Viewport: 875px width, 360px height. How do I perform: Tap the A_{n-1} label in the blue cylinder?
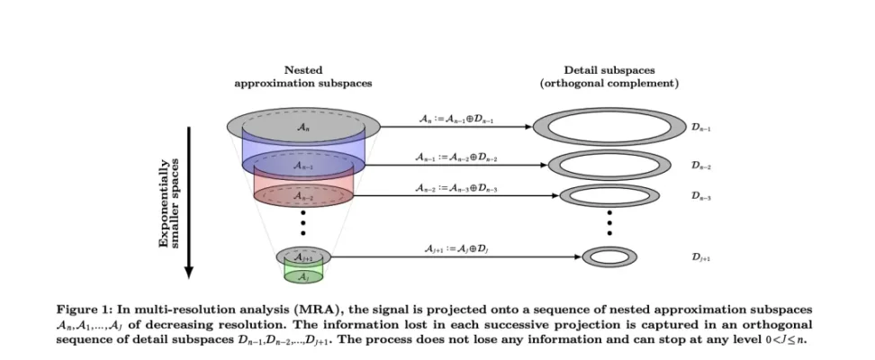pyautogui.click(x=302, y=166)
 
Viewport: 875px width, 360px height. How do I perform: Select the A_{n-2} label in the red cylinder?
pyautogui.click(x=302, y=196)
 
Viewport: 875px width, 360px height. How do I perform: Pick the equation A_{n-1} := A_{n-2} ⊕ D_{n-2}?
pyautogui.click(x=455, y=157)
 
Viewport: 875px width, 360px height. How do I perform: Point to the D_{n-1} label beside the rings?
pyautogui.click(x=702, y=129)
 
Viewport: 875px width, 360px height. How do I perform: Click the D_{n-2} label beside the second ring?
pyautogui.click(x=702, y=166)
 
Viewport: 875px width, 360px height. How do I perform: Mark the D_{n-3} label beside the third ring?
pyautogui.click(x=702, y=196)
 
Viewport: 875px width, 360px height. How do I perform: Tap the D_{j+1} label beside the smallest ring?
pyautogui.click(x=702, y=256)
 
